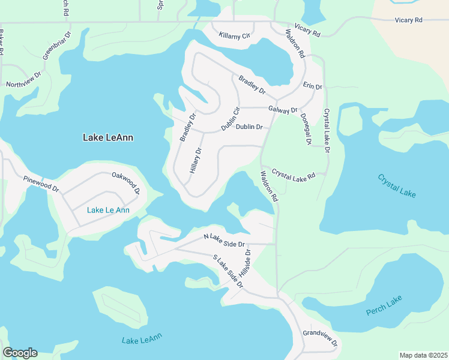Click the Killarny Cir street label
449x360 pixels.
pyautogui.click(x=234, y=36)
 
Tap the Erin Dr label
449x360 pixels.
pyautogui.click(x=313, y=86)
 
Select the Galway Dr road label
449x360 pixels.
pyautogui.click(x=283, y=110)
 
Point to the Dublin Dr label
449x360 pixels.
pyautogui.click(x=249, y=127)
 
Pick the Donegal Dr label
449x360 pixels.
pyautogui.click(x=305, y=129)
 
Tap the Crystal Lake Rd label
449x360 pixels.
pyautogui.click(x=294, y=175)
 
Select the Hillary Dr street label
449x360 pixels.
pyautogui.click(x=194, y=160)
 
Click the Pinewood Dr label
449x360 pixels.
pyautogui.click(x=41, y=184)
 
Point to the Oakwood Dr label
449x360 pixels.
pyautogui.click(x=125, y=182)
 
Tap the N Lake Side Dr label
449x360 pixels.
pyautogui.click(x=224, y=241)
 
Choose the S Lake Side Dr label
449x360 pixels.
pyautogui.click(x=228, y=272)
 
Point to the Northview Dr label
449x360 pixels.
pyautogui.click(x=23, y=80)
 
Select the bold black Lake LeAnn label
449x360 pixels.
pyautogui.click(x=107, y=137)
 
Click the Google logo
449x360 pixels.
pyautogui.click(x=20, y=353)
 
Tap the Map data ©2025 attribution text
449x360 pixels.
pyautogui.click(x=423, y=355)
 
